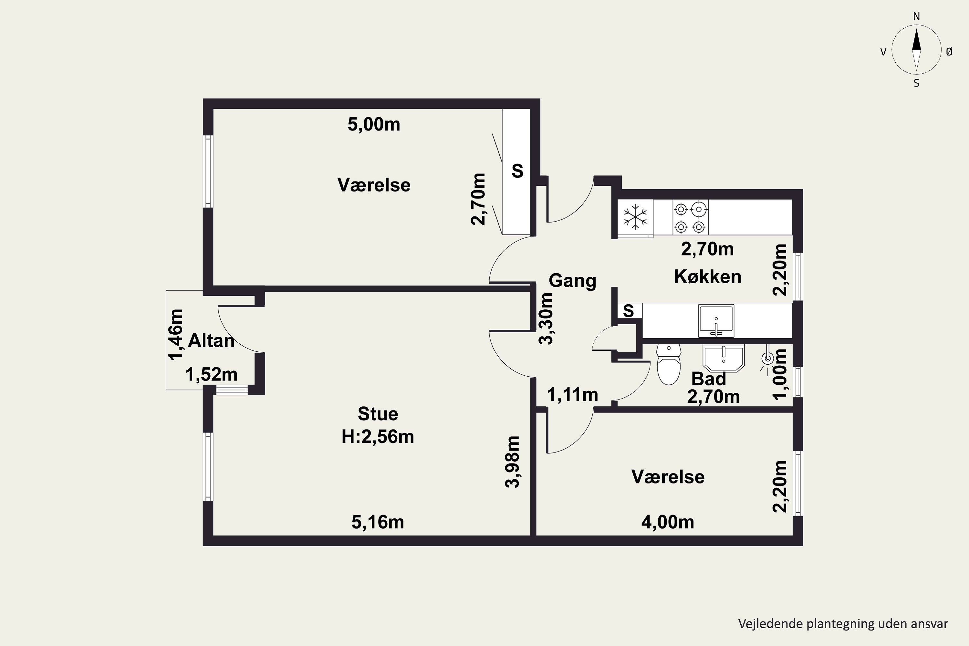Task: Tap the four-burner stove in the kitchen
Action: (x=691, y=217)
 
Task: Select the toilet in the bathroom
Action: (x=668, y=365)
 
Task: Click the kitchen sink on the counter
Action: (x=716, y=320)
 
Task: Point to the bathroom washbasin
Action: (x=724, y=358)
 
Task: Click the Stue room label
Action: (x=378, y=414)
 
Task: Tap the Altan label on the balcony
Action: (x=211, y=341)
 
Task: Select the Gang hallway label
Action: (x=572, y=281)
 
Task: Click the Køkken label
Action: (x=707, y=276)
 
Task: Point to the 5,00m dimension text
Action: (x=374, y=124)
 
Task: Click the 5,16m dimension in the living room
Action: (x=378, y=522)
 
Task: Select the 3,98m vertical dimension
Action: (x=513, y=462)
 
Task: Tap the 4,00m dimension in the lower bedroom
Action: (x=668, y=522)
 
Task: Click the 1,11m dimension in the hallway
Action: (x=573, y=395)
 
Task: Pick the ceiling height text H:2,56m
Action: (x=378, y=437)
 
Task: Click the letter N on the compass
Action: (x=916, y=16)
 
